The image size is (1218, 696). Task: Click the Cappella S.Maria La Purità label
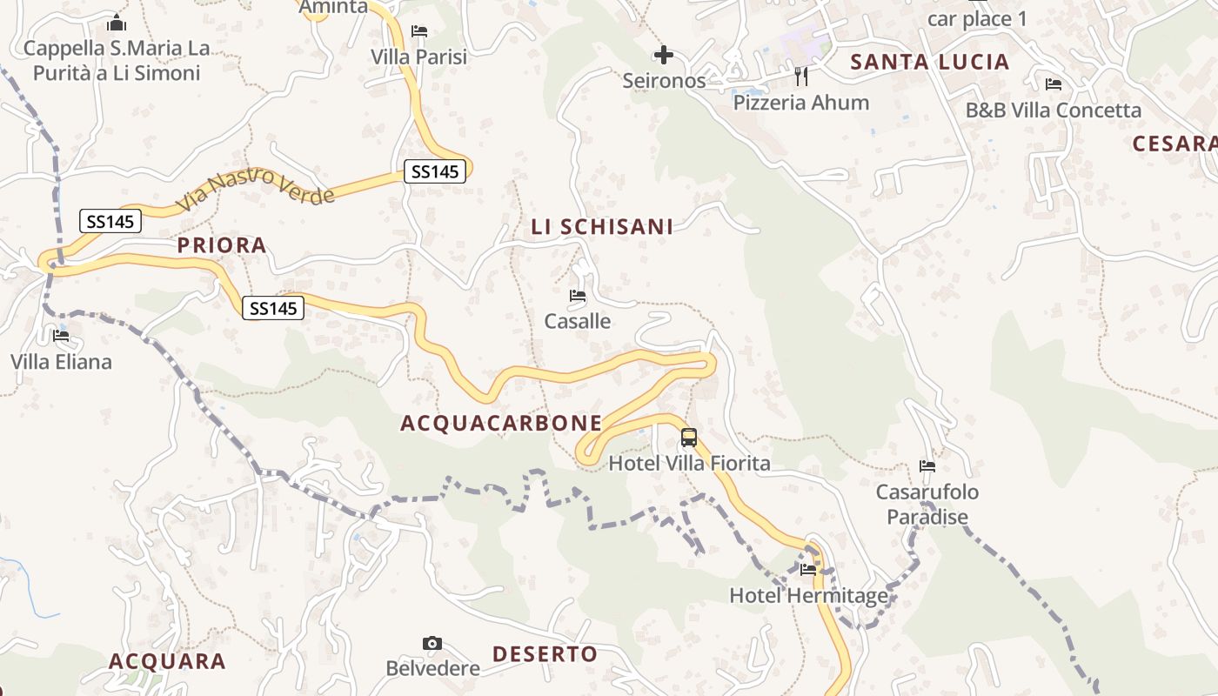(117, 60)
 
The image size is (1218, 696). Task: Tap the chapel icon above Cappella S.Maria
(117, 23)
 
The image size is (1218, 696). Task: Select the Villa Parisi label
(418, 57)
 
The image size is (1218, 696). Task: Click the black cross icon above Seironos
(664, 56)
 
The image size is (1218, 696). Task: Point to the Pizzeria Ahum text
(800, 103)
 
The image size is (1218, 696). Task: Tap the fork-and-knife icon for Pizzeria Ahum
(801, 77)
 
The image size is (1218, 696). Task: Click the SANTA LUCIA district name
(930, 62)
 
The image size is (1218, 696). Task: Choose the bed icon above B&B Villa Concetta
(1054, 84)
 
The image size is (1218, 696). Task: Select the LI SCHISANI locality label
(602, 227)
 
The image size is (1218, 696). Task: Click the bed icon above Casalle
(578, 296)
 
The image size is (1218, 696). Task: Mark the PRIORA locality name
(222, 245)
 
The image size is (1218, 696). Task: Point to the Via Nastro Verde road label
(255, 189)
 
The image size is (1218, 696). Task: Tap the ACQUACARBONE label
(501, 424)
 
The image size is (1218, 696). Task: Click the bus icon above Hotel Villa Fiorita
(689, 438)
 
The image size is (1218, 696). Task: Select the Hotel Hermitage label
(809, 596)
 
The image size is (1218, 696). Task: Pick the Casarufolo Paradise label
(927, 505)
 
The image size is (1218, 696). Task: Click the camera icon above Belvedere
(432, 644)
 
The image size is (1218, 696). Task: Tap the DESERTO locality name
(545, 654)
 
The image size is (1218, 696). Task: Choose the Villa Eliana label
(61, 361)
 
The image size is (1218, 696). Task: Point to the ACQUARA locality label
(167, 661)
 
